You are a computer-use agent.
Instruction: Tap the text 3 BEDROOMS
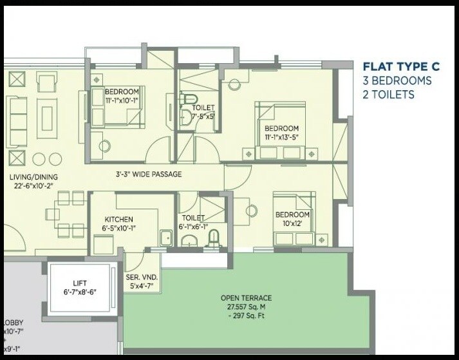tap(397, 81)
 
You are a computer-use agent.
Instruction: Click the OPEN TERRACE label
tap(246, 298)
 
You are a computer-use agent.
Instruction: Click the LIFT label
tap(80, 282)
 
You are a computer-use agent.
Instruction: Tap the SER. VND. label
tap(142, 277)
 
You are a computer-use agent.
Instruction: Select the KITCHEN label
tap(118, 219)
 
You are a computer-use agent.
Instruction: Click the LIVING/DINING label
tap(33, 177)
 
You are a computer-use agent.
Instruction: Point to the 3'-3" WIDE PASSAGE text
tap(148, 174)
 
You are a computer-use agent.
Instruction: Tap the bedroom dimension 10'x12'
tap(293, 223)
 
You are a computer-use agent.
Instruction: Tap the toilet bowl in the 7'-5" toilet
tap(185, 102)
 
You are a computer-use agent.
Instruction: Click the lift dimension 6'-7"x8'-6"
tap(80, 291)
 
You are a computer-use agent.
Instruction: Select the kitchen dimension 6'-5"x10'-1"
tap(118, 227)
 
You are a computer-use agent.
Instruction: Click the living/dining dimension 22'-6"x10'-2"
tap(33, 186)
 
